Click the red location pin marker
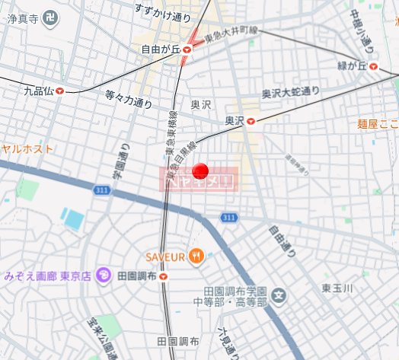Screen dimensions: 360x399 pyautogui.click(x=201, y=170)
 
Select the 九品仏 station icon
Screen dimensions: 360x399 pyautogui.click(x=59, y=91)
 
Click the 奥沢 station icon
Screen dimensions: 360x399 pyautogui.click(x=251, y=120)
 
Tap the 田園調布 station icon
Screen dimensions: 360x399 pyautogui.click(x=164, y=276)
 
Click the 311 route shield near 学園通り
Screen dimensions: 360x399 pyautogui.click(x=102, y=189)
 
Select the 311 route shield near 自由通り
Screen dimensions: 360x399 pyautogui.click(x=228, y=218)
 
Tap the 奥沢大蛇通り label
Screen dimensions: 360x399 pyautogui.click(x=291, y=93)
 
